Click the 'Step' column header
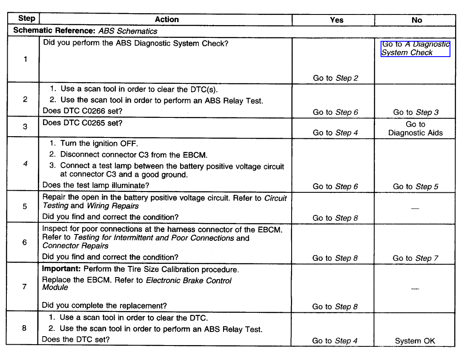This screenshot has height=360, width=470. click(26, 19)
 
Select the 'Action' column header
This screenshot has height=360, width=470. click(166, 20)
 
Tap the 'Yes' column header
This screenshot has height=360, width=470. click(336, 20)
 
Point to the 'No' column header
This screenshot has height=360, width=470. click(417, 20)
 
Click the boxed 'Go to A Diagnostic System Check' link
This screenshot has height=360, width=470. click(415, 49)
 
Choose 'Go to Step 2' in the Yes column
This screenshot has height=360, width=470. click(335, 78)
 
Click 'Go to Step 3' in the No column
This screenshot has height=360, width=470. click(416, 112)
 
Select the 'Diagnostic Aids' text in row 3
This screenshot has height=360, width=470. click(415, 133)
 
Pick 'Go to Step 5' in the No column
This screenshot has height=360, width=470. click(416, 186)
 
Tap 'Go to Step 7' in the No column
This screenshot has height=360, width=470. click(415, 258)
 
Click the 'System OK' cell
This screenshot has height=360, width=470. click(415, 341)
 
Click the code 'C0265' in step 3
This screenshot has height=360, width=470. click(97, 123)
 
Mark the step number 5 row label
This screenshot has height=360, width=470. click(24, 206)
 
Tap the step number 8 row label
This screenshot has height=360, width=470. click(25, 329)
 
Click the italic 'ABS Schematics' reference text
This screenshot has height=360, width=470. click(128, 31)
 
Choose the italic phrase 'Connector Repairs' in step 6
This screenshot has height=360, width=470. click(75, 246)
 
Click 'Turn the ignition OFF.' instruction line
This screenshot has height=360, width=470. click(99, 143)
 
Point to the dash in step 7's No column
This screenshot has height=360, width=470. click(415, 289)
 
